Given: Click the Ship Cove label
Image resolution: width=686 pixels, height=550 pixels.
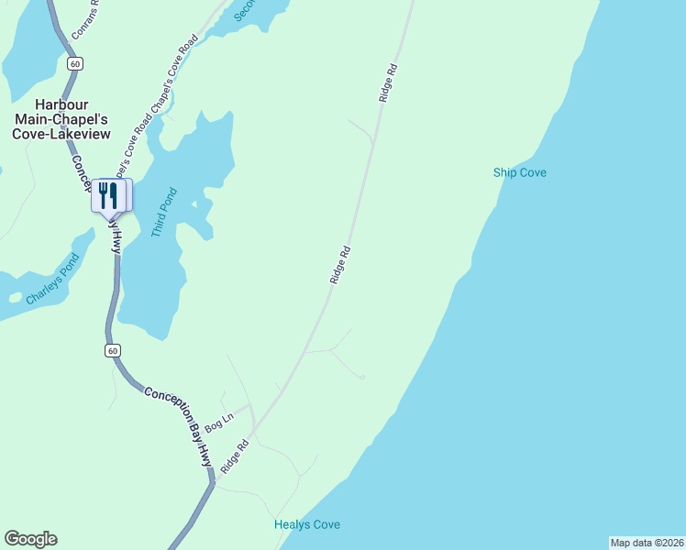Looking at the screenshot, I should pos(519,172).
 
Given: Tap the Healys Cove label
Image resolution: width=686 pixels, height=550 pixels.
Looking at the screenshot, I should pos(307,524).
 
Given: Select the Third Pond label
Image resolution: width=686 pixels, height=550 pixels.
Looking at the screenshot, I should pos(163,213).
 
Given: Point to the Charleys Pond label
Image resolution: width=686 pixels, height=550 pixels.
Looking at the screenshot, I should pos(52,278).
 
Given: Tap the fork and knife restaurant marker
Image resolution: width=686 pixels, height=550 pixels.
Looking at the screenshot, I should pos(108,194).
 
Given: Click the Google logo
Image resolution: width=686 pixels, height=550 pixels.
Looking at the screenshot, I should pos(31,539).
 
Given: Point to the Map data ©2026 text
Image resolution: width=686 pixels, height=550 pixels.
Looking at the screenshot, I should pos(647,543).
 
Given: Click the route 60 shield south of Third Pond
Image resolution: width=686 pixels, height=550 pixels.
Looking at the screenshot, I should pos(112,351).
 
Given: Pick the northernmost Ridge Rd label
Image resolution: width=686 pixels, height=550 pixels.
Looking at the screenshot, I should pos(387,82).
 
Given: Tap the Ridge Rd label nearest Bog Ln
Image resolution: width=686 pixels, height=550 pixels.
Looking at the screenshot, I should pos(235,456).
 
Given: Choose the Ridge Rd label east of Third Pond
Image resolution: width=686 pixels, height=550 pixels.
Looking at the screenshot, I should pos(340,264).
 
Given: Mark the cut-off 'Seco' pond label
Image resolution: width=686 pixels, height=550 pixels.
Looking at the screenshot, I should pos(245,9).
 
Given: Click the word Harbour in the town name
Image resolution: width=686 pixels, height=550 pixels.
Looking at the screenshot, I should pos(61,104).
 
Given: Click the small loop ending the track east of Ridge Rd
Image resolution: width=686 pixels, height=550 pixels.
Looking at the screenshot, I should pos(362,377).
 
